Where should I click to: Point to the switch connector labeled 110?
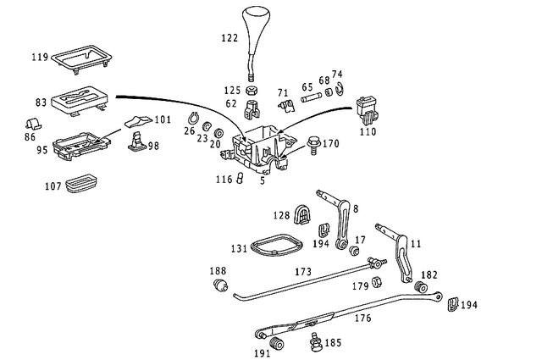pyautogui.click(x=367, y=108)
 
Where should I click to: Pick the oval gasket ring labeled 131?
pyautogui.click(x=275, y=245)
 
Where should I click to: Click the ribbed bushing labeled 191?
pyautogui.click(x=276, y=346)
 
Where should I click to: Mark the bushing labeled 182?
pyautogui.click(x=418, y=288)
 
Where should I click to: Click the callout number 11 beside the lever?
pyautogui.click(x=415, y=244)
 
